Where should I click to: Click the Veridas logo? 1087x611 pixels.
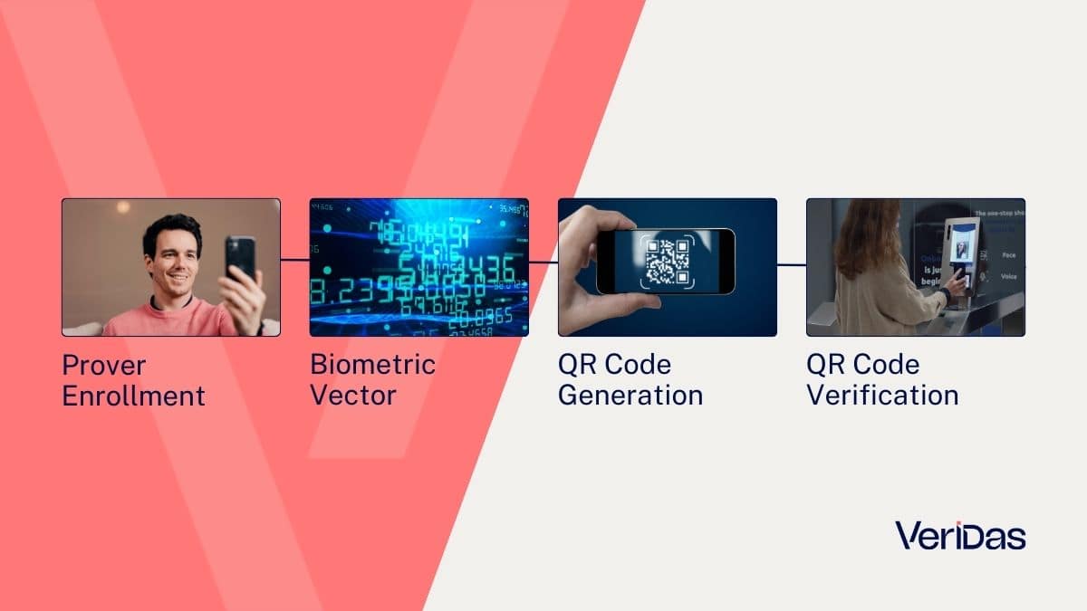coord(960,535)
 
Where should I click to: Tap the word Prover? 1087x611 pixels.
coord(103,366)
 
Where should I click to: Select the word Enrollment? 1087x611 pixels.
coord(133,396)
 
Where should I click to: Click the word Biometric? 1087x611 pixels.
coord(372,365)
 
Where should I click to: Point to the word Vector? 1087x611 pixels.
coord(353,395)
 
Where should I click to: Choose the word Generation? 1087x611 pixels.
coord(630,396)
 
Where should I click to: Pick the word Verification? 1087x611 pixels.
coord(882,396)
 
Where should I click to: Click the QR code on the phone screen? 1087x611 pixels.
coord(666,261)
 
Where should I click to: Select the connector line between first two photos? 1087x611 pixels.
coord(294,261)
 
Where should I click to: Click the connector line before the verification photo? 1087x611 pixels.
coord(791,265)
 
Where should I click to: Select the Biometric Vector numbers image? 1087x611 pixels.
coord(418,267)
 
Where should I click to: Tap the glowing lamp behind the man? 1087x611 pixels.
coord(122,208)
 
